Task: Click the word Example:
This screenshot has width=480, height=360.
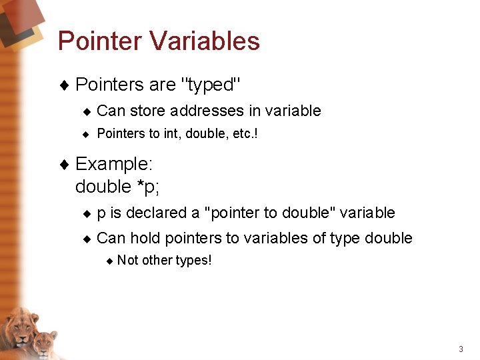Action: tap(114, 164)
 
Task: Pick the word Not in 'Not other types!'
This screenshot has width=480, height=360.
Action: tap(127, 260)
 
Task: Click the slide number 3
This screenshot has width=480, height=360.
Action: tap(461, 349)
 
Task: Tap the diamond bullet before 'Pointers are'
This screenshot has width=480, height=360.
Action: tap(64, 85)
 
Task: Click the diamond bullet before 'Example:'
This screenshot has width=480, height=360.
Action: tap(64, 164)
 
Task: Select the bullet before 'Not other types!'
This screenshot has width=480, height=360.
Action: tap(110, 261)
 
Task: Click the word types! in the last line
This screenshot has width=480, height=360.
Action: tap(193, 260)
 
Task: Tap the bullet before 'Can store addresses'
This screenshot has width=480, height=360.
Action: tap(86, 111)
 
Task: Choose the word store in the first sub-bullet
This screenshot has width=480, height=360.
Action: tap(148, 111)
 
